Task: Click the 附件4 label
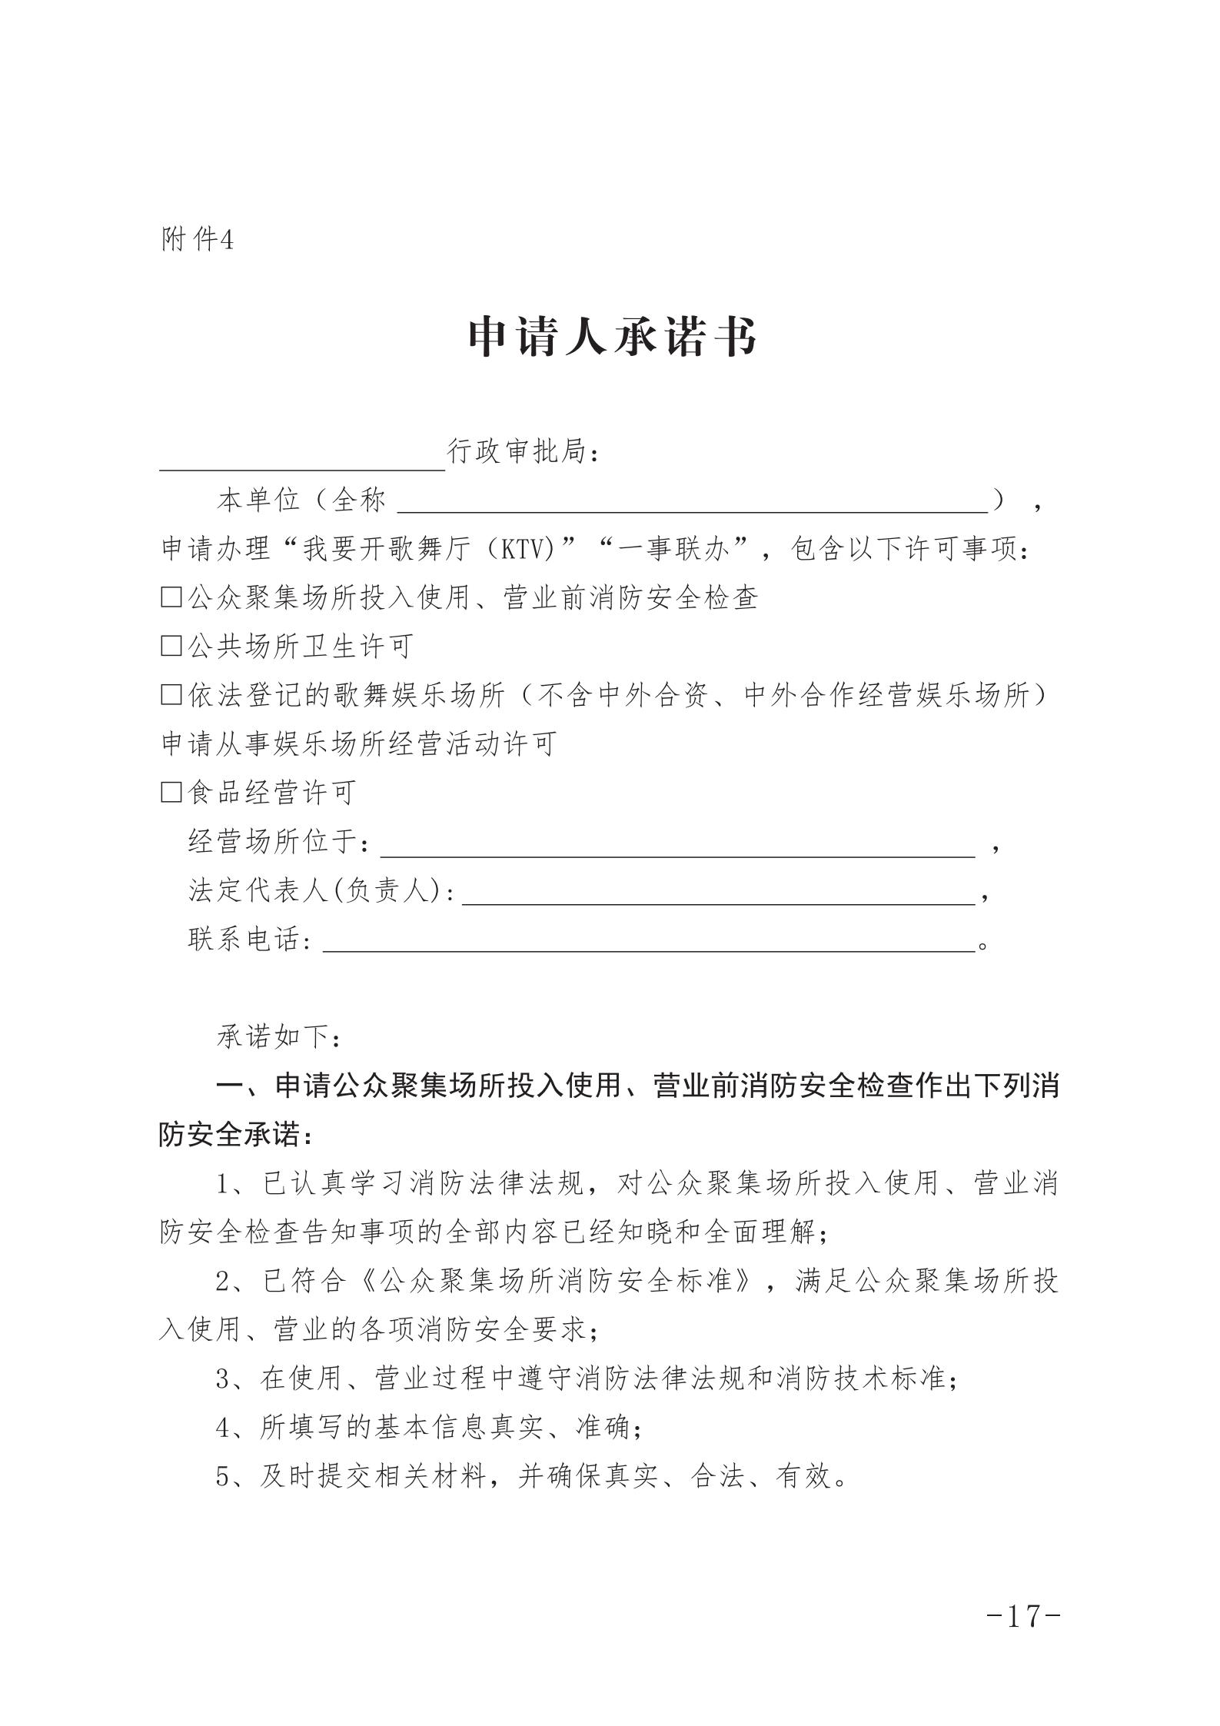click(x=197, y=240)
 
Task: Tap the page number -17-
click(x=1023, y=1616)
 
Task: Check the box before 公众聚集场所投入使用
click(x=171, y=597)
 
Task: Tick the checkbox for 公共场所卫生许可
click(x=171, y=646)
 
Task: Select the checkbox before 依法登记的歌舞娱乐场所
click(x=171, y=695)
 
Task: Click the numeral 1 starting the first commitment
click(x=223, y=1185)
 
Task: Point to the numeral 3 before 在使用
click(x=223, y=1379)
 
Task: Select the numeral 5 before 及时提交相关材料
click(x=223, y=1477)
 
